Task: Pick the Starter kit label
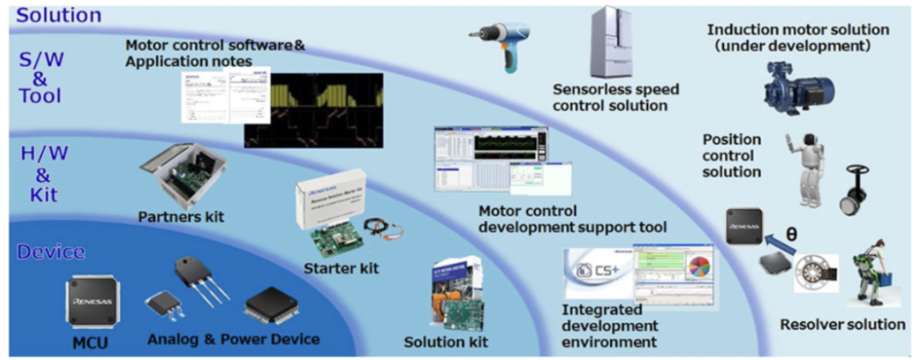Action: click(x=340, y=268)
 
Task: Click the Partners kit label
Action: click(x=182, y=217)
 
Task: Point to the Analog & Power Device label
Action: click(x=232, y=338)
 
